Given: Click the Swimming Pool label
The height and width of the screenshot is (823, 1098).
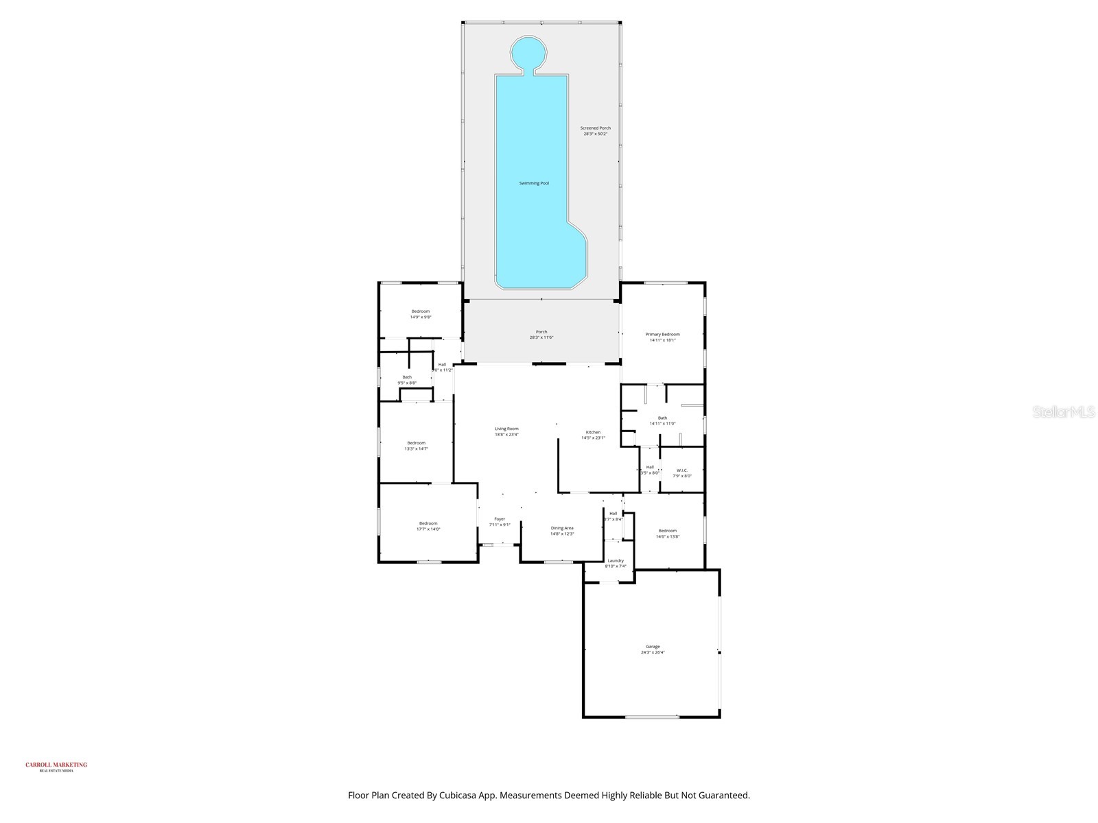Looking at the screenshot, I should click(x=534, y=183).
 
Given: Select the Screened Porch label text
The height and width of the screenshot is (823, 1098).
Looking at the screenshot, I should click(x=595, y=131).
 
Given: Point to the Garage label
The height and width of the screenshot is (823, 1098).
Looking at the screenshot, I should click(x=653, y=649).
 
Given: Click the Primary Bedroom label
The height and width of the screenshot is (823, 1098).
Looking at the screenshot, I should click(x=662, y=337).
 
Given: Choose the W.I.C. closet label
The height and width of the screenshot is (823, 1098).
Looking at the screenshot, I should click(x=681, y=473).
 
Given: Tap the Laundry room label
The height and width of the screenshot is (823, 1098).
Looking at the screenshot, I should click(x=616, y=563).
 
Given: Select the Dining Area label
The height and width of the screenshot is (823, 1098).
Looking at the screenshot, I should click(x=562, y=531).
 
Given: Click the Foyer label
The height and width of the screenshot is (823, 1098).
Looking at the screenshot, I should click(x=500, y=522).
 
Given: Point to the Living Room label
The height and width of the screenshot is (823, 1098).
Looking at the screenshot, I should click(x=506, y=431).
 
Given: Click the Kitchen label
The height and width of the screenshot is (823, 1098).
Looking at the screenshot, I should click(x=593, y=435).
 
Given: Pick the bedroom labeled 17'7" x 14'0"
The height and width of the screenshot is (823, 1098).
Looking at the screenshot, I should click(x=428, y=526).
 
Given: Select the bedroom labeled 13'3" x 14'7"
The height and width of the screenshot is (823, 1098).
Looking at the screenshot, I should click(x=416, y=446).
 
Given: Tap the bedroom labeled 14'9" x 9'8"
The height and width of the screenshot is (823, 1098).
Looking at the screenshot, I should click(x=421, y=314).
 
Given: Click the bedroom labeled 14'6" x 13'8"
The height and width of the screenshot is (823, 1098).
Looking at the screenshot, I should click(x=668, y=534).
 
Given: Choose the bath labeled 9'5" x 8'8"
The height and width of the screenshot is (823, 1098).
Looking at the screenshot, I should click(x=407, y=380).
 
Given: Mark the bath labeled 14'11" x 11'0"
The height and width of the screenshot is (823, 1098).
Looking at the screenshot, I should click(x=662, y=420).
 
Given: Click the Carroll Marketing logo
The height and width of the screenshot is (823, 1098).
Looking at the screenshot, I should click(x=56, y=767).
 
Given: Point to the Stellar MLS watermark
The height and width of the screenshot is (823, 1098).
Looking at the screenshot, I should click(x=1063, y=412).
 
